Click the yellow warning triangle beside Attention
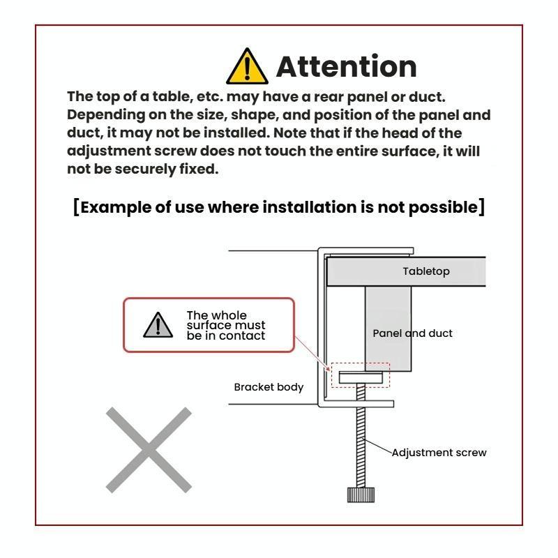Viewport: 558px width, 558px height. [247, 66]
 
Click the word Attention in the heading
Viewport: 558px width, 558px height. [346, 66]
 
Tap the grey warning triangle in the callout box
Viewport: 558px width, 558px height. [158, 325]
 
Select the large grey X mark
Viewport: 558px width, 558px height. [149, 450]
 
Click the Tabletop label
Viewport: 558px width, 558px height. [426, 271]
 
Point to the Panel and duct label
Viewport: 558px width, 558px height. [412, 333]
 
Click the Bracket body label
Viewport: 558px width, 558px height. [269, 387]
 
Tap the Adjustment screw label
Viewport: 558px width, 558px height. [439, 453]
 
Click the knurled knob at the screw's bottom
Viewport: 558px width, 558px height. [361, 495]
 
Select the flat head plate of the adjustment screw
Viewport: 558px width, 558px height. [361, 377]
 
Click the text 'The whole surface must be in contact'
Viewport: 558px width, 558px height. [226, 325]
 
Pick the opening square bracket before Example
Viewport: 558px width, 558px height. [76, 207]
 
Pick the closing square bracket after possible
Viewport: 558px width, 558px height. [481, 207]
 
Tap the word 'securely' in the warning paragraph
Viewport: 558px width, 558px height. [145, 169]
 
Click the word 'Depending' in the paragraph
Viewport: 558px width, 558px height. [106, 115]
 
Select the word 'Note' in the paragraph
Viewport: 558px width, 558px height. [289, 133]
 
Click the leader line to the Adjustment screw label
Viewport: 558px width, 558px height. [377, 446]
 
